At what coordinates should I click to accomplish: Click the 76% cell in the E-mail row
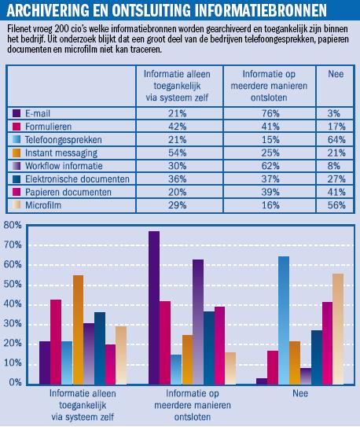pos(270,113)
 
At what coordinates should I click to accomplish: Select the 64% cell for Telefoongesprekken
pos(336,140)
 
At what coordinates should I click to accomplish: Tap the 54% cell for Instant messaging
pos(177,153)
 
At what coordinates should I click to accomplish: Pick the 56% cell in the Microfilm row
pos(336,205)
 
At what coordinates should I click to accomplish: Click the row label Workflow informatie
pos(64,166)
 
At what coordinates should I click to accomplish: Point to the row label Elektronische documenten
pos(77,179)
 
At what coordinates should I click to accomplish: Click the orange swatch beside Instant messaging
pos(17,153)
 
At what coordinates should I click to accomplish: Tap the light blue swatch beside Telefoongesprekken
pos(17,140)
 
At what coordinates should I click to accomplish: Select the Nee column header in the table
pos(336,74)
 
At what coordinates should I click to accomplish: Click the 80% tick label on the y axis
pos(13,225)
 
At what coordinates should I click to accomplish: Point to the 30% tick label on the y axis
pos(13,323)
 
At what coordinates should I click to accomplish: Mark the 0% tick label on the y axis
pos(15,382)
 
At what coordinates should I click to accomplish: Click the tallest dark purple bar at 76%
pos(154,307)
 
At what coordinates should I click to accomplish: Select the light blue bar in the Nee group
pos(284,320)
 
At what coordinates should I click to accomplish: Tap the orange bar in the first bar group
pos(78,329)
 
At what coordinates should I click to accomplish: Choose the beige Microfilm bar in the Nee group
pos(338,329)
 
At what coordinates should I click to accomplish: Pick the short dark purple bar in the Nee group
pos(262,381)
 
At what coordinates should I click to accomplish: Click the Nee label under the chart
pos(300,393)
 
